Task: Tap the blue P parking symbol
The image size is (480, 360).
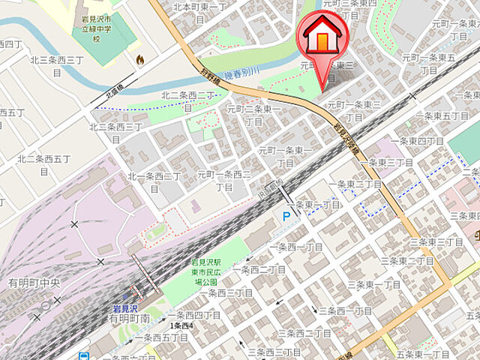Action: pyautogui.click(x=286, y=216)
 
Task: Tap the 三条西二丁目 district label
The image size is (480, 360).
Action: pyautogui.click(x=304, y=332)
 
